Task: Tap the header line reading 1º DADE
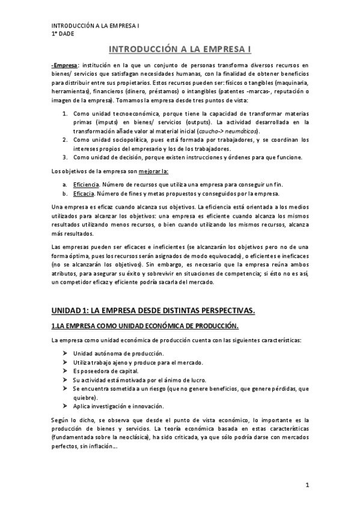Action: coord(62,34)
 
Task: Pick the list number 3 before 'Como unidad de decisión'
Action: coord(65,158)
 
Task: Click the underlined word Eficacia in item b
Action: coord(84,194)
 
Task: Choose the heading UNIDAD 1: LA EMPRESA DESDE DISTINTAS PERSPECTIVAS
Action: coord(153,310)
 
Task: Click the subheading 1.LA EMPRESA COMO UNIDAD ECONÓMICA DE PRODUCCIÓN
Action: coord(145,326)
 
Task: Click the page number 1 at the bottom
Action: coord(306,485)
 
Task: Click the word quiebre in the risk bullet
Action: coord(84,398)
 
